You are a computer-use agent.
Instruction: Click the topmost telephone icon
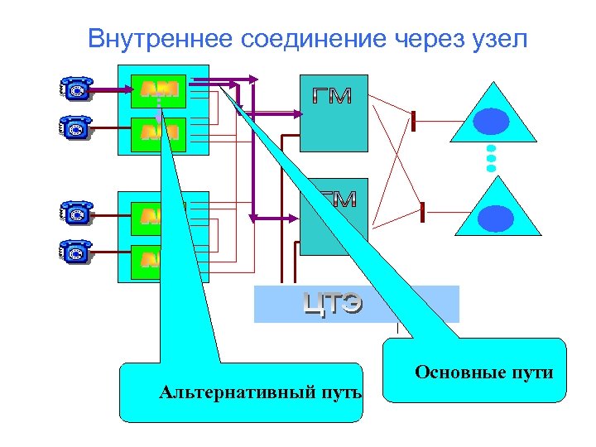(76, 87)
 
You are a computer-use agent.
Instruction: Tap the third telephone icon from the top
(76, 213)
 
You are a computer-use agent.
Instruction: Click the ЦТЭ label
(332, 305)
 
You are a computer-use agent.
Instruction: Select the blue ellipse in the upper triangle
(491, 122)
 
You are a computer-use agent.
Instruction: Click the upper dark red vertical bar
(412, 121)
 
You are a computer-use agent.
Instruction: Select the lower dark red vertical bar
(423, 211)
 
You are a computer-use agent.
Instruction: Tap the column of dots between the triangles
(491, 157)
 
